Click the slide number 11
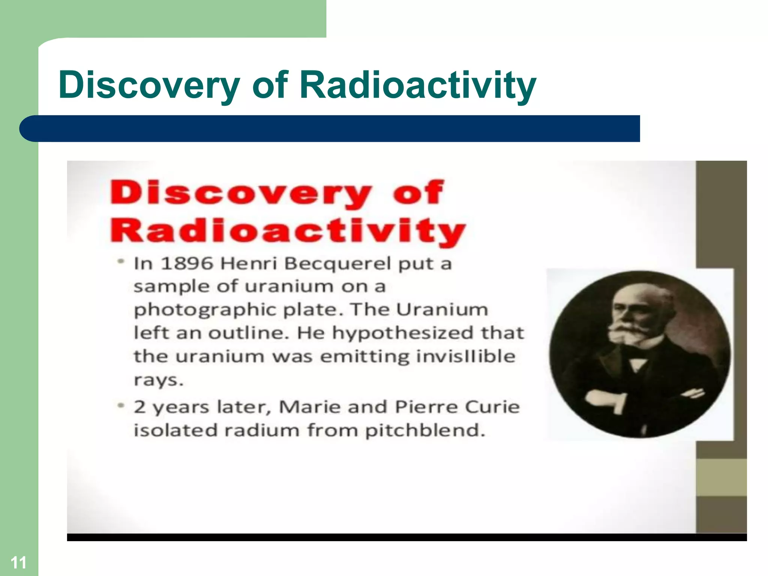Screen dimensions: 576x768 [x=18, y=562]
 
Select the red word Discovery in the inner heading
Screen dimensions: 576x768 [x=240, y=193]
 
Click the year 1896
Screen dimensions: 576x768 [x=187, y=263]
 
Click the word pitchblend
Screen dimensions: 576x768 [x=425, y=430]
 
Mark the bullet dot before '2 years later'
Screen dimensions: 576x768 [x=120, y=406]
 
